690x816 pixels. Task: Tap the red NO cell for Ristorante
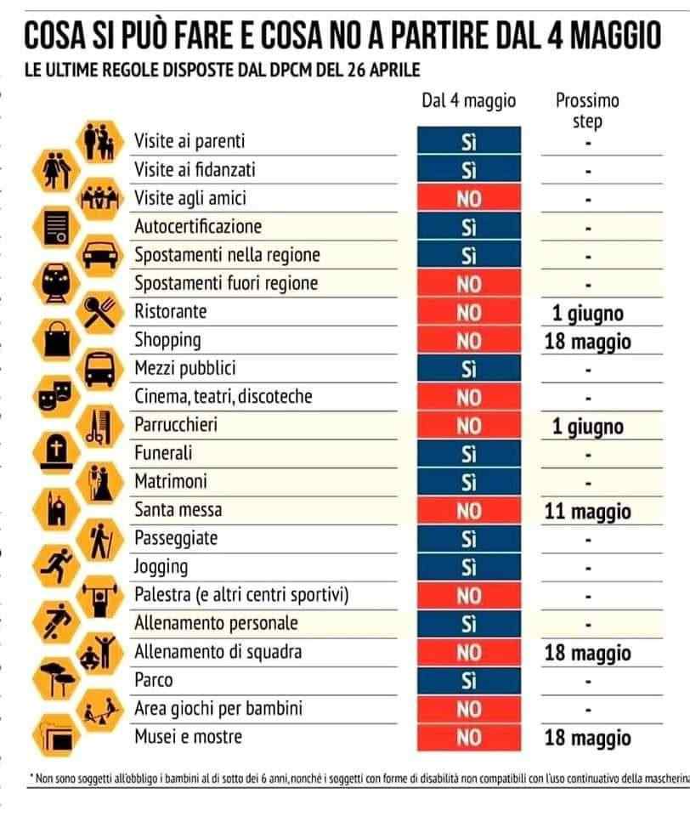pyautogui.click(x=468, y=313)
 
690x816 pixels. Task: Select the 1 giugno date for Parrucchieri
pyautogui.click(x=587, y=427)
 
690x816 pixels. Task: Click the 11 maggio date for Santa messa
pyautogui.click(x=587, y=512)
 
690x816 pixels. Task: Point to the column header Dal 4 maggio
pyautogui.click(x=468, y=100)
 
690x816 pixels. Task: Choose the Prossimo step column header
pyautogui.click(x=587, y=110)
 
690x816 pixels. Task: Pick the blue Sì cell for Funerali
pyautogui.click(x=468, y=455)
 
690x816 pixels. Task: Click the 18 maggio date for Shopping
pyautogui.click(x=587, y=342)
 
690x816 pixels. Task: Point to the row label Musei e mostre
pyautogui.click(x=188, y=737)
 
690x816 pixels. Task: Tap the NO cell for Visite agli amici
pyautogui.click(x=468, y=199)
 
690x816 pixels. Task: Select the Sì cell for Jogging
pyautogui.click(x=468, y=568)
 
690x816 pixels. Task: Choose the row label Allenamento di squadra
pyautogui.click(x=218, y=652)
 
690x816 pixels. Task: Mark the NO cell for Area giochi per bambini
pyautogui.click(x=468, y=709)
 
